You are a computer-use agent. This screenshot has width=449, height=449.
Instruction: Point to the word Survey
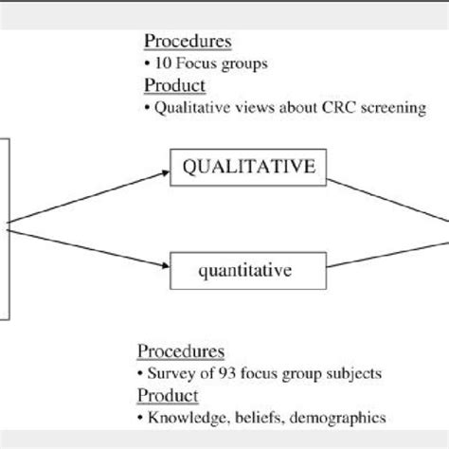click(170, 372)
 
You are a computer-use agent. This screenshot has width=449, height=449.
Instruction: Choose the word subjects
click(355, 372)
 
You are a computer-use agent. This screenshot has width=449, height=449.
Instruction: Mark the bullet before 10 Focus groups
click(147, 64)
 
